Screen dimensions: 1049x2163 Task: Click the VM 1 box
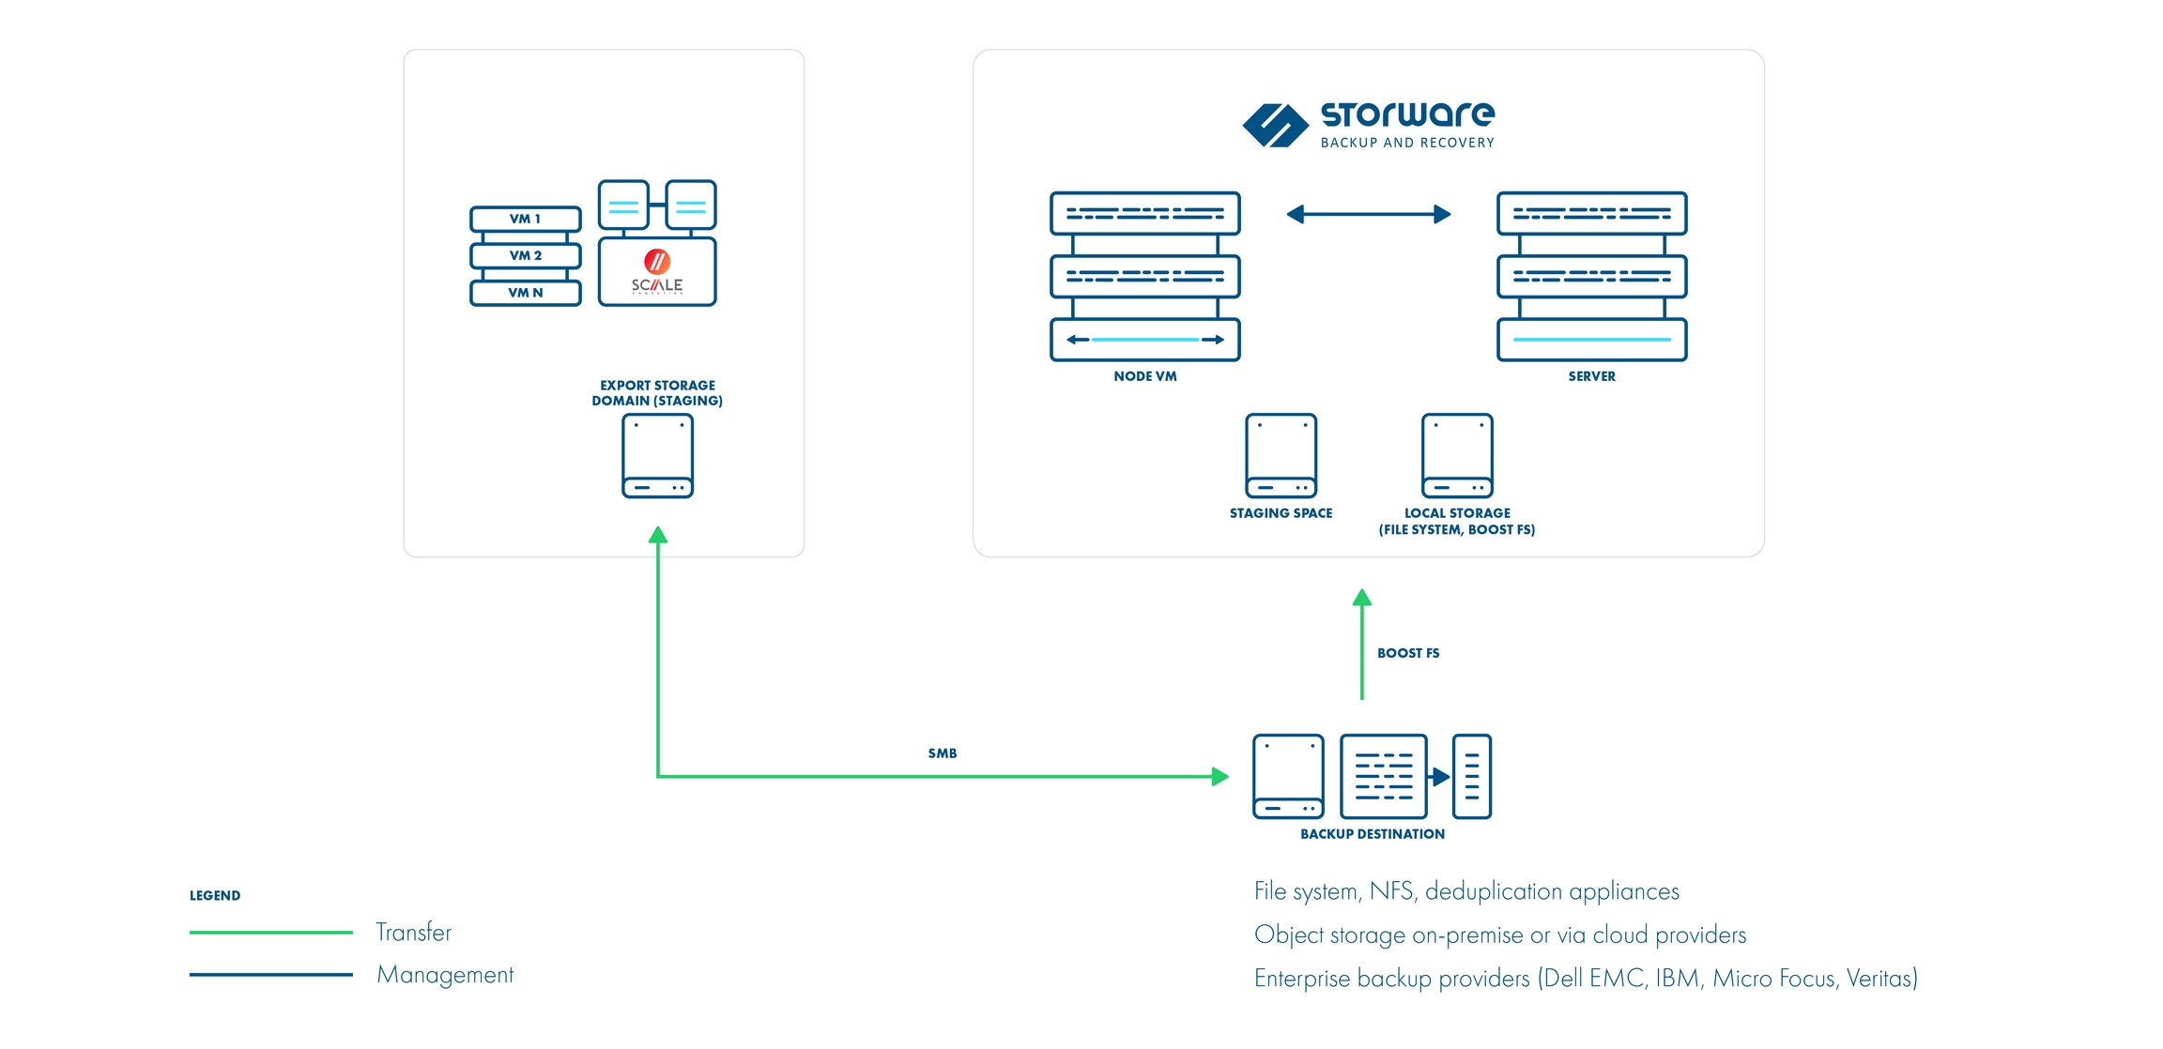point(525,219)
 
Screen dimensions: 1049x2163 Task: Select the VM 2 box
point(525,255)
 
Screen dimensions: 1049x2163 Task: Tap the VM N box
point(525,293)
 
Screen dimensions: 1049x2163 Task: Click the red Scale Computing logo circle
point(657,261)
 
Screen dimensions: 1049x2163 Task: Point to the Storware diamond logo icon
point(1275,126)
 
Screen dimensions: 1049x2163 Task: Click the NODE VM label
point(1144,376)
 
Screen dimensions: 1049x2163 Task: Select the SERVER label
point(1591,376)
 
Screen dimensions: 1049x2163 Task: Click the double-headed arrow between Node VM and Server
point(1368,215)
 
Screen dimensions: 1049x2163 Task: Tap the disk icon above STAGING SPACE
point(1281,456)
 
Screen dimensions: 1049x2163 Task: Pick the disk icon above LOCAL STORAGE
point(1457,456)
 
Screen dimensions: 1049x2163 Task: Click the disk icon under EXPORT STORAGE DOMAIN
point(657,456)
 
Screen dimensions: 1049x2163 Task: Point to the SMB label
point(943,753)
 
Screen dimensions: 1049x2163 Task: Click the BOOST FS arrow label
point(1408,653)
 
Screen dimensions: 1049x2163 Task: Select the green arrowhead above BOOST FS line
point(1362,598)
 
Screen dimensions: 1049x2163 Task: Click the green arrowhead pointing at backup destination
point(1220,776)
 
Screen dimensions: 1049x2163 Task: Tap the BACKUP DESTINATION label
point(1372,834)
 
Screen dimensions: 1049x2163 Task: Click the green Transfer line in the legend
point(270,932)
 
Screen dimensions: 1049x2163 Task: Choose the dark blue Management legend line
point(270,975)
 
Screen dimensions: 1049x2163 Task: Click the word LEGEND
point(215,896)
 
